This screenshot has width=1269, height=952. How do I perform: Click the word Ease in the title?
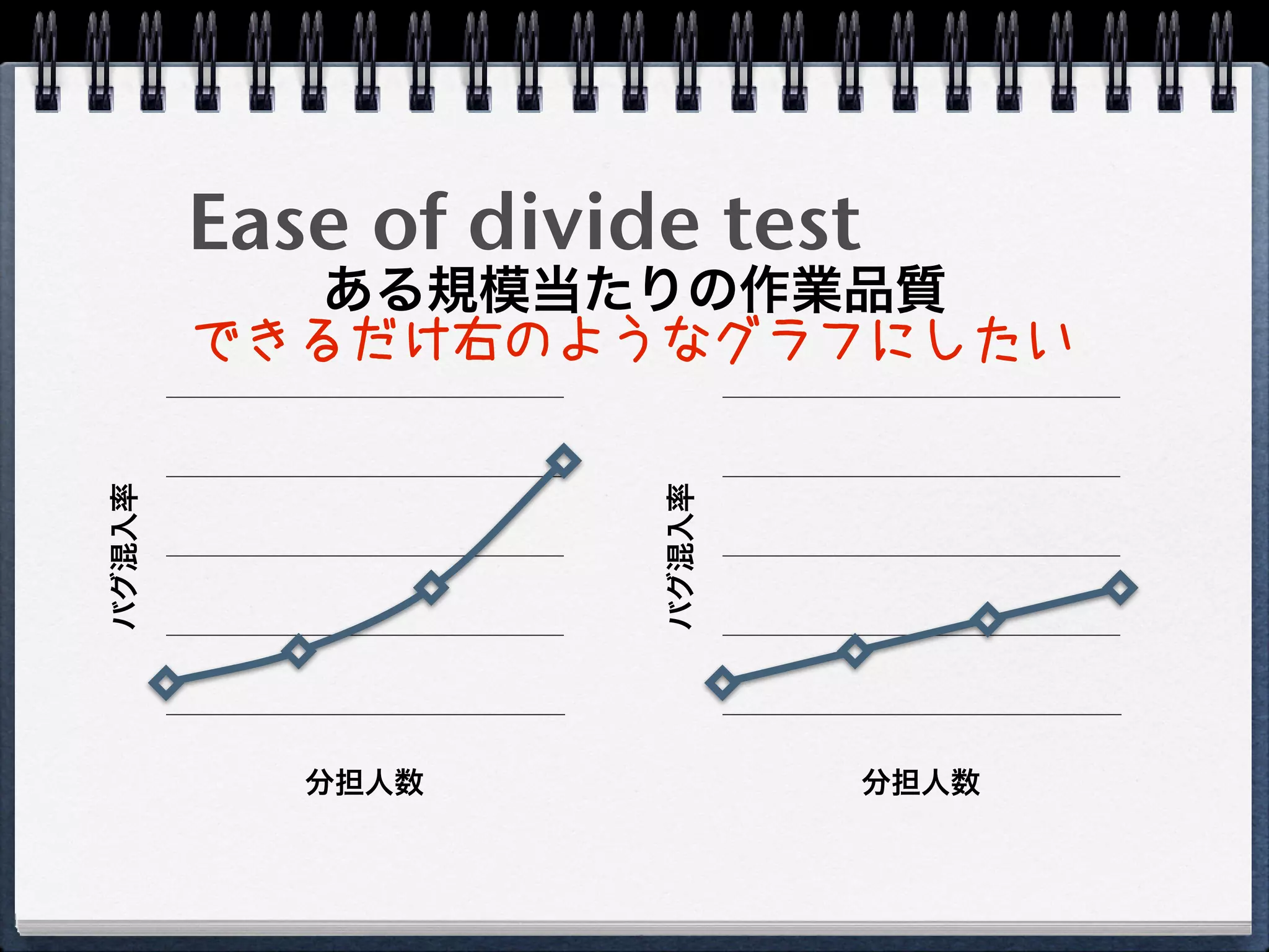point(268,222)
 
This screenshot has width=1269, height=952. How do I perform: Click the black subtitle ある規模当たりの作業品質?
point(634,289)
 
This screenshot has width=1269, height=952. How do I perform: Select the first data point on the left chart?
point(166,682)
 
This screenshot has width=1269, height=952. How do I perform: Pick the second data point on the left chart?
point(298,651)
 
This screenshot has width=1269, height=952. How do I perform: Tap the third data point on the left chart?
point(431,587)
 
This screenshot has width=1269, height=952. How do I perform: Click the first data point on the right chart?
point(722,682)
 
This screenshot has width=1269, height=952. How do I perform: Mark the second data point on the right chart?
point(854,651)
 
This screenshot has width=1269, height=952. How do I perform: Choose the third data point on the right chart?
point(987,619)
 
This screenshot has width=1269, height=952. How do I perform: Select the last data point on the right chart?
point(1120,587)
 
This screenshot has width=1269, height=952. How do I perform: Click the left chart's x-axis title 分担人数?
point(364,782)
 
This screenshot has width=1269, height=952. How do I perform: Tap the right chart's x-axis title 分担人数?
point(921,782)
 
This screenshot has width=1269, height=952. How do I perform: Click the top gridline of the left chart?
point(364,397)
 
